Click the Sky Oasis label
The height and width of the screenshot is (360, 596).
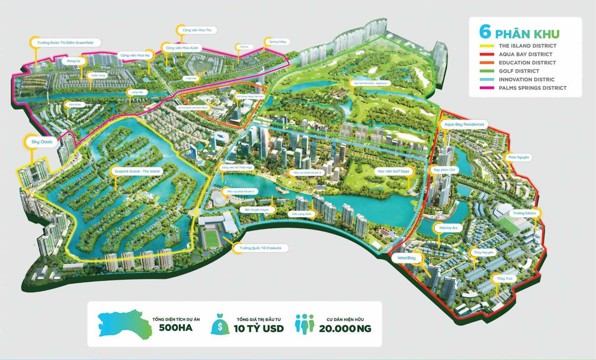click(42, 142)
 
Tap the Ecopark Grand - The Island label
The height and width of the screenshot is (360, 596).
click(137, 171)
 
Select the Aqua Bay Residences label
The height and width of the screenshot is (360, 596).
click(464, 124)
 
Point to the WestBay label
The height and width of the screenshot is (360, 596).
click(406, 258)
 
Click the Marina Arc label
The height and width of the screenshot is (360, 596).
click(448, 228)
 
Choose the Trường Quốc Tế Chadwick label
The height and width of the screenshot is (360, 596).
click(260, 248)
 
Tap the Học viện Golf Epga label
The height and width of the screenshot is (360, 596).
click(393, 171)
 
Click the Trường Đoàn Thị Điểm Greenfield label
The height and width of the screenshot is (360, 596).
click(65, 43)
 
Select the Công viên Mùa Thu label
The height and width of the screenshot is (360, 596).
click(197, 30)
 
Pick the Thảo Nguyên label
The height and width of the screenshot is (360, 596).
click(519, 157)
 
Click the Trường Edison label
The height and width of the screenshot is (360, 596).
click(524, 213)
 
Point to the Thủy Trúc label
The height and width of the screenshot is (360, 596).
click(505, 278)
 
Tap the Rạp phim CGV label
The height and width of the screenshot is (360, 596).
click(444, 170)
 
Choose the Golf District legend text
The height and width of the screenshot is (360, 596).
click(519, 71)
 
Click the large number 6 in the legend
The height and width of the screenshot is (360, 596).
click(485, 32)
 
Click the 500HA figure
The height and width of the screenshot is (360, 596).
click(176, 328)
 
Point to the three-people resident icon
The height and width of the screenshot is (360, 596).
click(305, 324)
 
